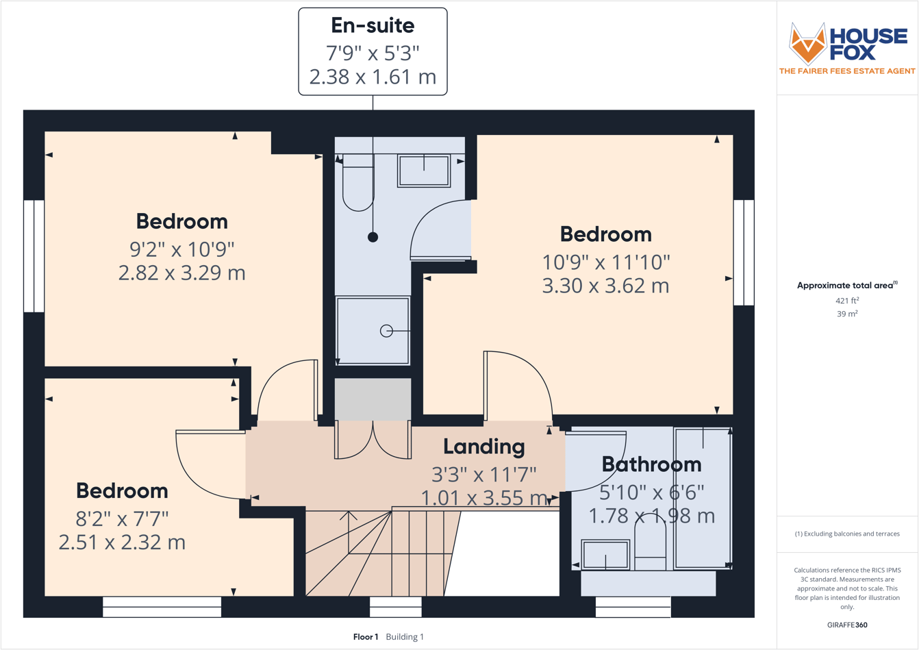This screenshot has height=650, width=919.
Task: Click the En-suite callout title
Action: [373, 26]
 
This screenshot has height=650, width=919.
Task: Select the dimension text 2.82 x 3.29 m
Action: [181, 273]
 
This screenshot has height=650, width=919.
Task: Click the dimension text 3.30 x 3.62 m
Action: [605, 285]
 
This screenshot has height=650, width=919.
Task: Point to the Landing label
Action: [483, 447]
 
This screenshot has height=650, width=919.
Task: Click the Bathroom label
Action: [651, 464]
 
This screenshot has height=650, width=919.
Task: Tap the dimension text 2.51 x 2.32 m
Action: [122, 542]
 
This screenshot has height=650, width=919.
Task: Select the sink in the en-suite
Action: [424, 171]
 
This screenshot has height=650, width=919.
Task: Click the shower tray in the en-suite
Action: [373, 330]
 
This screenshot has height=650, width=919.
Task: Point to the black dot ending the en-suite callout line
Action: [373, 238]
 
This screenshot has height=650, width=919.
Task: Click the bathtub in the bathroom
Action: [703, 498]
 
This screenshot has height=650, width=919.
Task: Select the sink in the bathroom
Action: [605, 554]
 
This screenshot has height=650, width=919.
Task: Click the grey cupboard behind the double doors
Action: [373, 399]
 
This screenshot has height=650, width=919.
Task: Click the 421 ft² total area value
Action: [847, 301]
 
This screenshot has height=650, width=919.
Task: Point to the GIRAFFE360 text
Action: [847, 625]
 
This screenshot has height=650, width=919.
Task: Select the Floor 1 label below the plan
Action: [366, 637]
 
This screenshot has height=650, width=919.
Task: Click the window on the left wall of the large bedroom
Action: [34, 256]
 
